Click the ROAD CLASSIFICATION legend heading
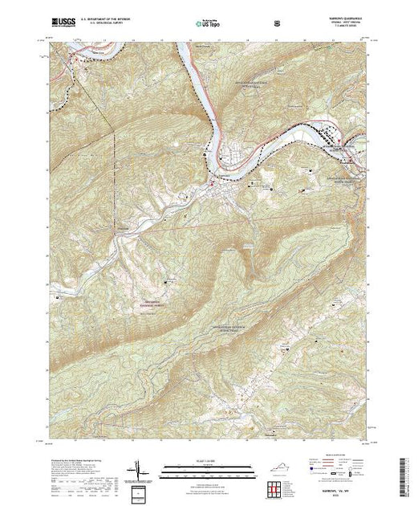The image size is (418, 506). tap(335, 459)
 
